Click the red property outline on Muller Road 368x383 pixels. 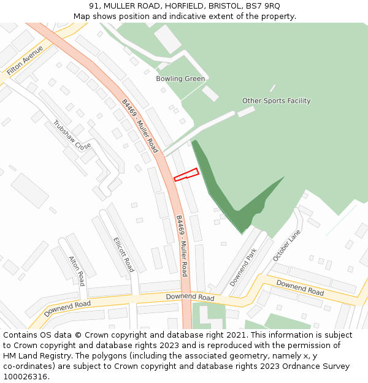coord(186,175)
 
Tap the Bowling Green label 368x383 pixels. coord(180,79)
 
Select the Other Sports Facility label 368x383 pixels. coord(276,101)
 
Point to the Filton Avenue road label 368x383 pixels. coord(24,61)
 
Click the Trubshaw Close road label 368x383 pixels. coord(72,135)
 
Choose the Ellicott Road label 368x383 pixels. coord(123,255)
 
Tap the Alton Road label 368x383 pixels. coord(77,270)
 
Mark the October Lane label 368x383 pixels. coord(288,245)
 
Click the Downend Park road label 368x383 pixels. coord(243,267)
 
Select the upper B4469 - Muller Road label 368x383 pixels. coord(140,126)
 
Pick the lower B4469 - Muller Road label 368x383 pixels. coord(182,246)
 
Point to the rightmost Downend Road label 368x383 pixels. coord(300,287)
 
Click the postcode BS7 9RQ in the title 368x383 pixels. coord(263,6)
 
